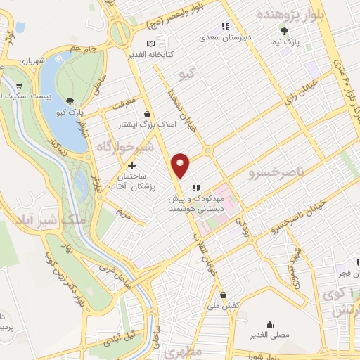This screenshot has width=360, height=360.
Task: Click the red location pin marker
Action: [181, 165]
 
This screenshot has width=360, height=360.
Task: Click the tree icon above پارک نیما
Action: [283, 31]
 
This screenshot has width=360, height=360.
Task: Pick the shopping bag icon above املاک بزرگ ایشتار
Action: [147, 114]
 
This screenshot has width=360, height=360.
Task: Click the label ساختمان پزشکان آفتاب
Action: [131, 181]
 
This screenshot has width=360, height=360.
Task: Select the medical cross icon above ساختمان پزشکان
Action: [131, 165]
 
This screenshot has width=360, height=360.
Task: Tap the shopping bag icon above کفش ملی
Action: [223, 295]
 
